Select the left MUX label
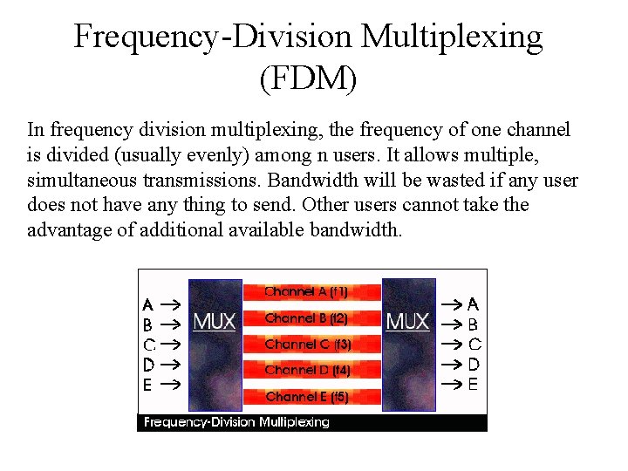tap(215, 322)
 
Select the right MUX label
tap(407, 322)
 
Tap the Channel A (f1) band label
tap(306, 292)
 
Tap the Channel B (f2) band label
tap(306, 318)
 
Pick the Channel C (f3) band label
tap(308, 345)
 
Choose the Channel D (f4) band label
tap(307, 371)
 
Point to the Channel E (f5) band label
tap(307, 397)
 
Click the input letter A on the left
tap(148, 305)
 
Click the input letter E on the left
tap(148, 384)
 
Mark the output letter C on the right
tap(474, 345)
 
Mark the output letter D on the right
tap(474, 364)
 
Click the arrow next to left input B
tap(171, 324)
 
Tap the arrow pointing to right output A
tap(450, 305)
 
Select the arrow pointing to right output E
tap(450, 384)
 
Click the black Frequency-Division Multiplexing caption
tap(236, 422)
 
